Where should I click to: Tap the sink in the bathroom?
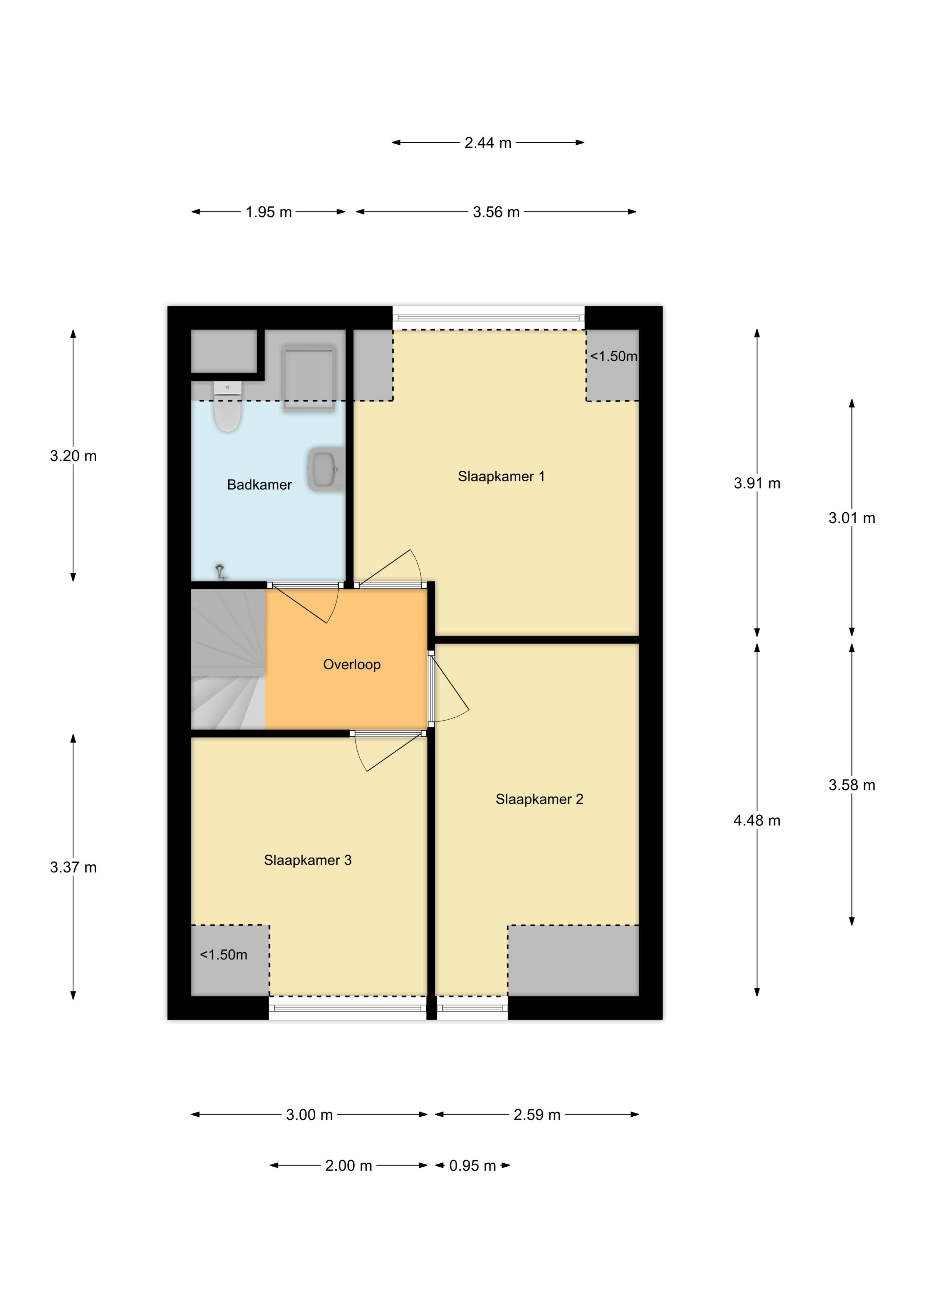click(x=327, y=469)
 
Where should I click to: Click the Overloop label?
click(x=352, y=664)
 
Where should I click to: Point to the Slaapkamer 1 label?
click(x=501, y=476)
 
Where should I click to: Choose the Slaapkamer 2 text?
click(x=539, y=799)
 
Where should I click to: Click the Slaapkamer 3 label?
click(x=308, y=860)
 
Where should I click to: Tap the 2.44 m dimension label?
click(x=488, y=143)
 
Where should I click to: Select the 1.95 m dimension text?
click(x=269, y=213)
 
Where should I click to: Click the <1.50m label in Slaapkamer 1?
click(x=613, y=356)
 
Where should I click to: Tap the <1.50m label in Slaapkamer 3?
click(x=223, y=955)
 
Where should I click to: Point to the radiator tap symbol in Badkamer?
click(x=220, y=571)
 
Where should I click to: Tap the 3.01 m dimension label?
click(x=852, y=518)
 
